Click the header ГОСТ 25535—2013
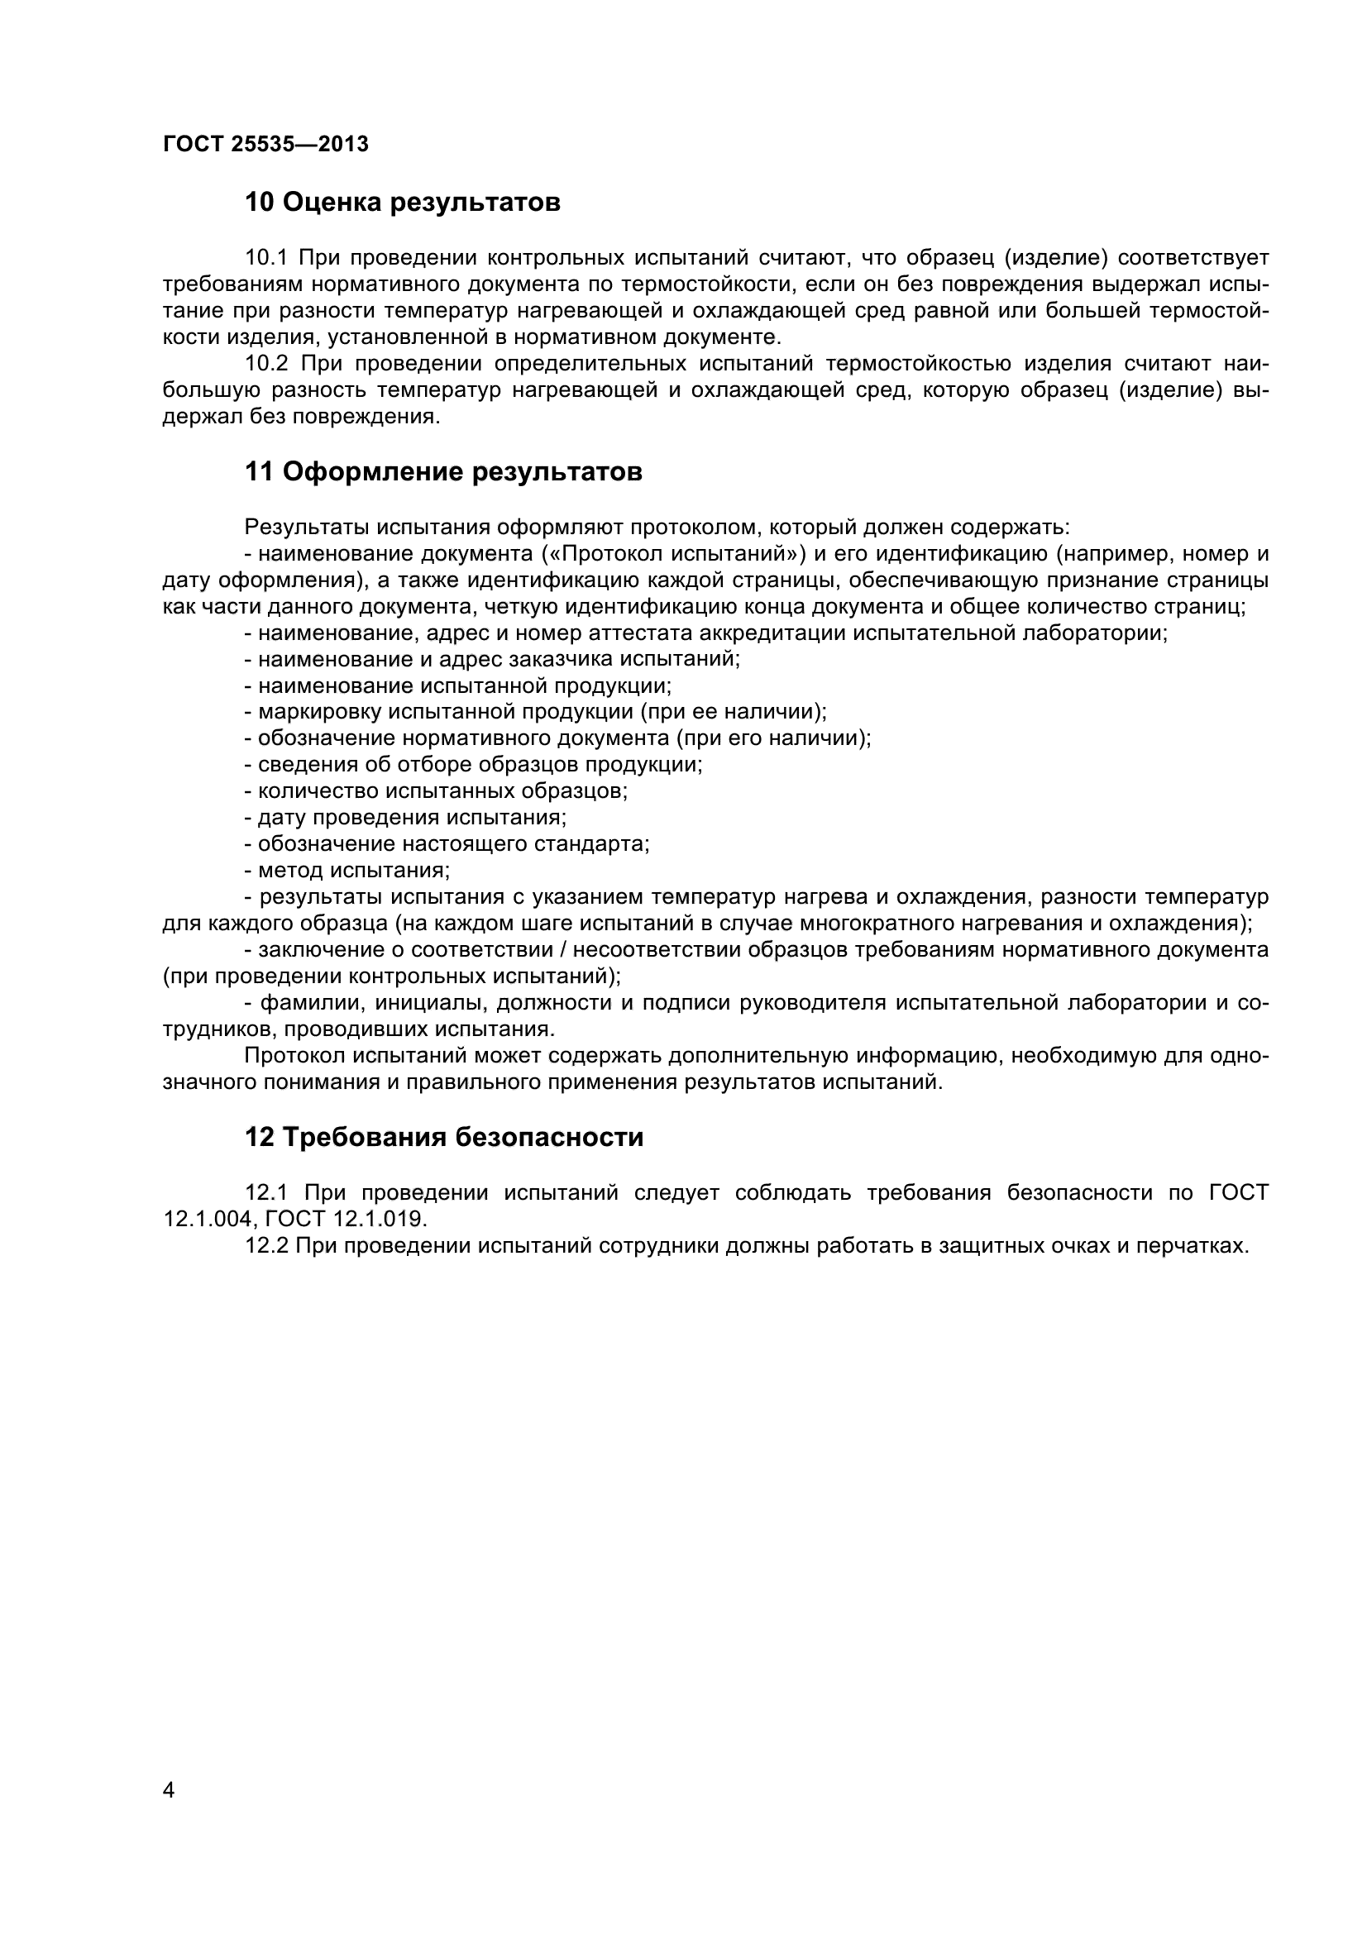pos(265,145)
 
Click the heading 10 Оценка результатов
pos(402,203)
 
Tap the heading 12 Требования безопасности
pos(443,1137)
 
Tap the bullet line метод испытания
pos(354,870)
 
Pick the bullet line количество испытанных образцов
pos(442,792)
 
